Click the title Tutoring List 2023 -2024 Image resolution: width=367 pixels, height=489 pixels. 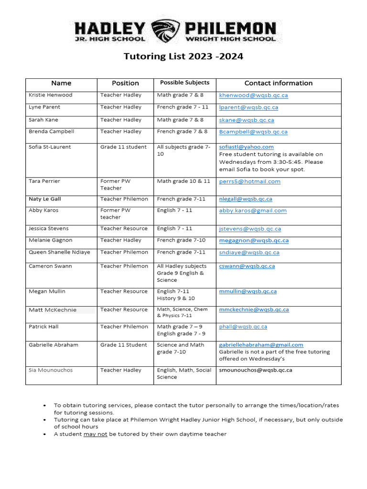click(x=183, y=56)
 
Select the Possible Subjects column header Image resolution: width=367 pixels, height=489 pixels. click(x=184, y=83)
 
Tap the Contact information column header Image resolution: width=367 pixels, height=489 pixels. click(x=278, y=83)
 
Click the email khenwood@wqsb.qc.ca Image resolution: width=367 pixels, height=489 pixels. click(x=253, y=96)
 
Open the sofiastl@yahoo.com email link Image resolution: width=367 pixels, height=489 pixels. click(x=246, y=147)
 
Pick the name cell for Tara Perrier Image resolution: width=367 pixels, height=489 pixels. click(x=44, y=181)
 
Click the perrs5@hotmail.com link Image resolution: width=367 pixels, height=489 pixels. click(x=249, y=181)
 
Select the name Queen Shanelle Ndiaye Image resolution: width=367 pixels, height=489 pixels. click(x=59, y=253)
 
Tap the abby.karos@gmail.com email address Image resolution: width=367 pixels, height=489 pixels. click(x=253, y=211)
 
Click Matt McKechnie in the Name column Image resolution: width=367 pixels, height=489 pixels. click(x=53, y=310)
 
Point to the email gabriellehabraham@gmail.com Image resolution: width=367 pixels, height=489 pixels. click(x=261, y=345)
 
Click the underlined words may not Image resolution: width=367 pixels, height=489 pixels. click(x=95, y=434)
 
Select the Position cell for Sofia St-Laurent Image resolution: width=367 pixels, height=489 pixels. click(x=123, y=147)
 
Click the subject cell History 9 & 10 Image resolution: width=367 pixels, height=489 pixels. click(x=176, y=298)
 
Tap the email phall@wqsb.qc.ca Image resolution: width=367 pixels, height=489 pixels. click(x=243, y=327)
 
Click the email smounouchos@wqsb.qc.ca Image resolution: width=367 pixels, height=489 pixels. click(x=256, y=370)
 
